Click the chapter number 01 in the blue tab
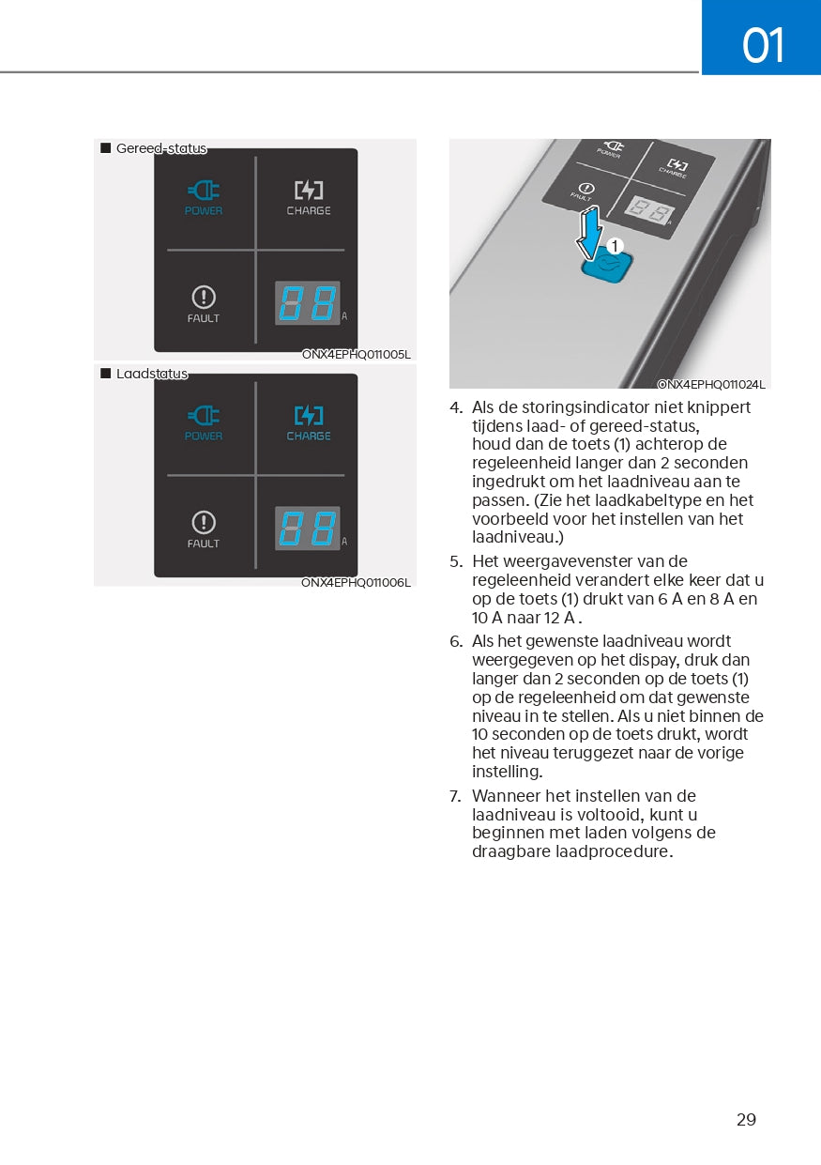763,45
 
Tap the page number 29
746,1119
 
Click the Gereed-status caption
160,148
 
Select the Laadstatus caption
151,374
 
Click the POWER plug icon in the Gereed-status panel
204,191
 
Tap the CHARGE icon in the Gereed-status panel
309,191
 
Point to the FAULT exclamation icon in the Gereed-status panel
204,298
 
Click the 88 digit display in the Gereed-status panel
307,303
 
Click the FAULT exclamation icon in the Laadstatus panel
204,522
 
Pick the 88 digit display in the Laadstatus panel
307,529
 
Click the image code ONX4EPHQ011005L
356,355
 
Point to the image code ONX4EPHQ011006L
356,582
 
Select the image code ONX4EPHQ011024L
711,384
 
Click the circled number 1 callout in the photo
615,246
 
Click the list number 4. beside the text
456,407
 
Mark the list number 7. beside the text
456,796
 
